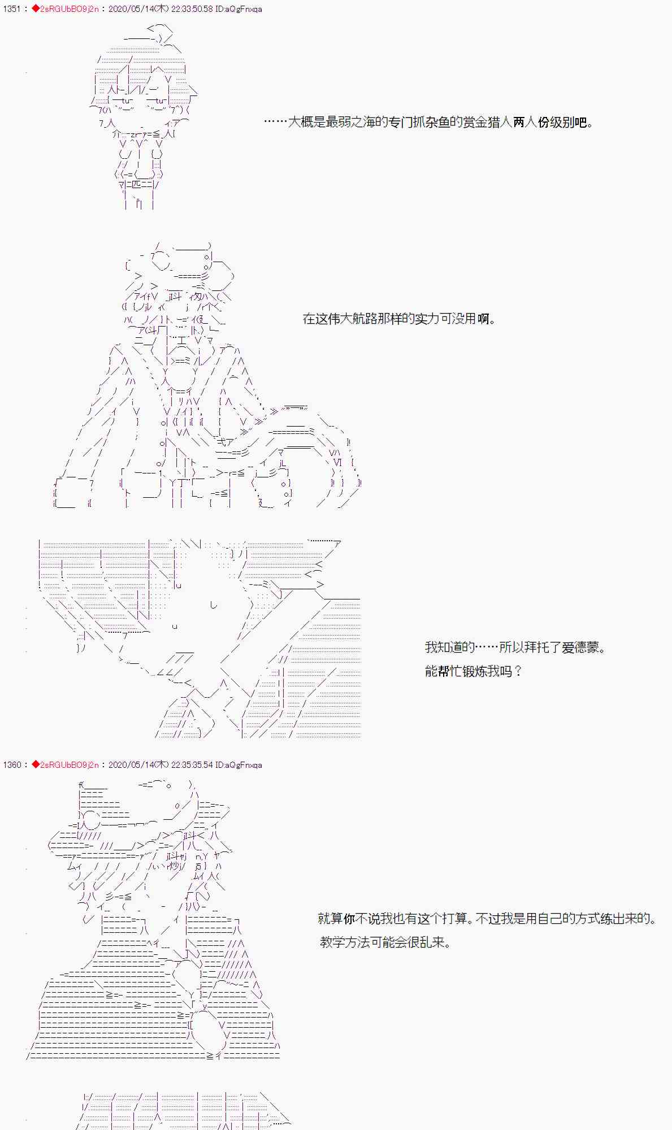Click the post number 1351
click(x=11, y=10)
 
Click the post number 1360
click(x=11, y=765)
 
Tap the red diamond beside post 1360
click(x=35, y=765)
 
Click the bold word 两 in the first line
click(x=519, y=122)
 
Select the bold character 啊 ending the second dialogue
click(x=483, y=319)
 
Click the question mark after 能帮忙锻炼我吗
click(x=518, y=672)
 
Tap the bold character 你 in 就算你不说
click(x=349, y=919)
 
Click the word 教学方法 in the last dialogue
click(x=344, y=942)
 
